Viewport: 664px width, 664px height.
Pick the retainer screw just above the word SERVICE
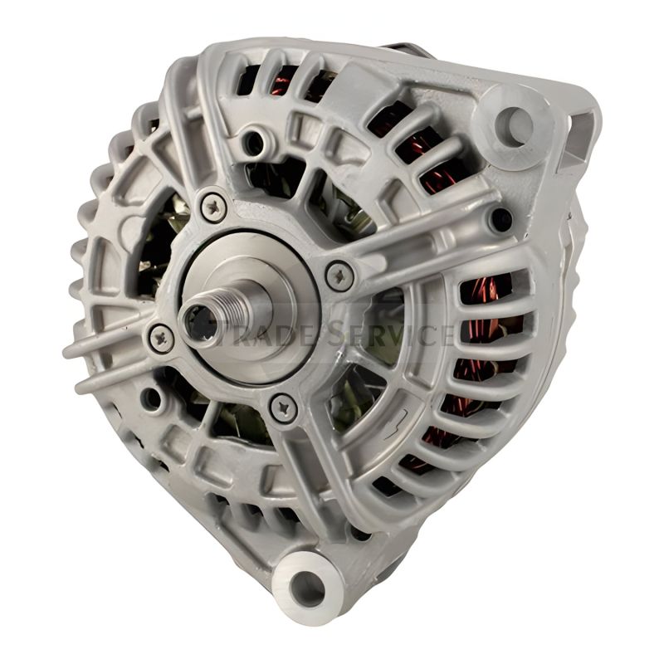point(339,276)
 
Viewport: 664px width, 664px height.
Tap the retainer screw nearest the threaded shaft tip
point(161,336)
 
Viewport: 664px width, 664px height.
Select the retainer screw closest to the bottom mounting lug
point(284,405)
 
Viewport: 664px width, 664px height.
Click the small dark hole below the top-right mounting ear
point(499,220)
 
